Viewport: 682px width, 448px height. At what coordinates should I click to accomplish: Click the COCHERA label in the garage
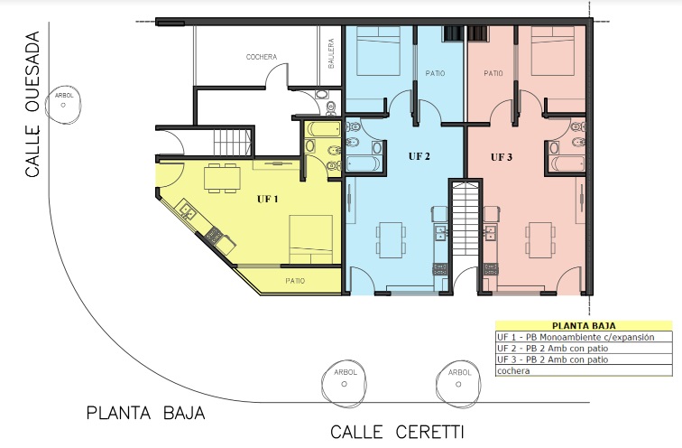pos(261,57)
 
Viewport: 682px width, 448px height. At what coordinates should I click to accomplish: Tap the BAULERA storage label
pos(331,53)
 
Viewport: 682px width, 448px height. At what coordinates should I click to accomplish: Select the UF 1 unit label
pos(268,199)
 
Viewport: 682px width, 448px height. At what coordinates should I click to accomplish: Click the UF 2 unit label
pos(419,156)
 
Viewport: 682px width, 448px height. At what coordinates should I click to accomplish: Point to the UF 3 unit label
pos(502,157)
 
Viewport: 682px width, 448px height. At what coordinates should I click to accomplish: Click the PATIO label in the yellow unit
pos(295,281)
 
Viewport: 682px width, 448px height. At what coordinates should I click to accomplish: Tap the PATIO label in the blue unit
pos(435,73)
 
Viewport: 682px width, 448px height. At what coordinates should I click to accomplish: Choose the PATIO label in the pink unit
pos(493,73)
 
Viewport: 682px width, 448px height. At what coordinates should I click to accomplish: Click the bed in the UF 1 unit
pos(311,239)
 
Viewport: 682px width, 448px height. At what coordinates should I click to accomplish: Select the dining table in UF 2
pos(391,240)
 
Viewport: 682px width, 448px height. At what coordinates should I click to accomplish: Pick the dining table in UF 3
pos(540,240)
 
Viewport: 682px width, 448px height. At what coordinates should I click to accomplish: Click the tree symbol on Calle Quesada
pos(63,105)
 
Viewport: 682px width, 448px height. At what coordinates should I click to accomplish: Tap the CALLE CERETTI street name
pos(397,432)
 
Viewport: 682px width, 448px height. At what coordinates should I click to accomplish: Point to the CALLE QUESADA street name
pos(32,104)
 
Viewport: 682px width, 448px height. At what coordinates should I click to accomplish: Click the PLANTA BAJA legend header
pos(584,326)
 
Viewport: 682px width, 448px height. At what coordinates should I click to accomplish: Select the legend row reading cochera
pos(584,371)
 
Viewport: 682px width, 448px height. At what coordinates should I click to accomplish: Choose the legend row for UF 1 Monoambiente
pos(584,337)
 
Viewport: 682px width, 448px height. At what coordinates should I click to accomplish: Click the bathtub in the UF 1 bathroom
pos(324,130)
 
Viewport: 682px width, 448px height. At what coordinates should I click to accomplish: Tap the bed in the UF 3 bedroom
pos(553,51)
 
